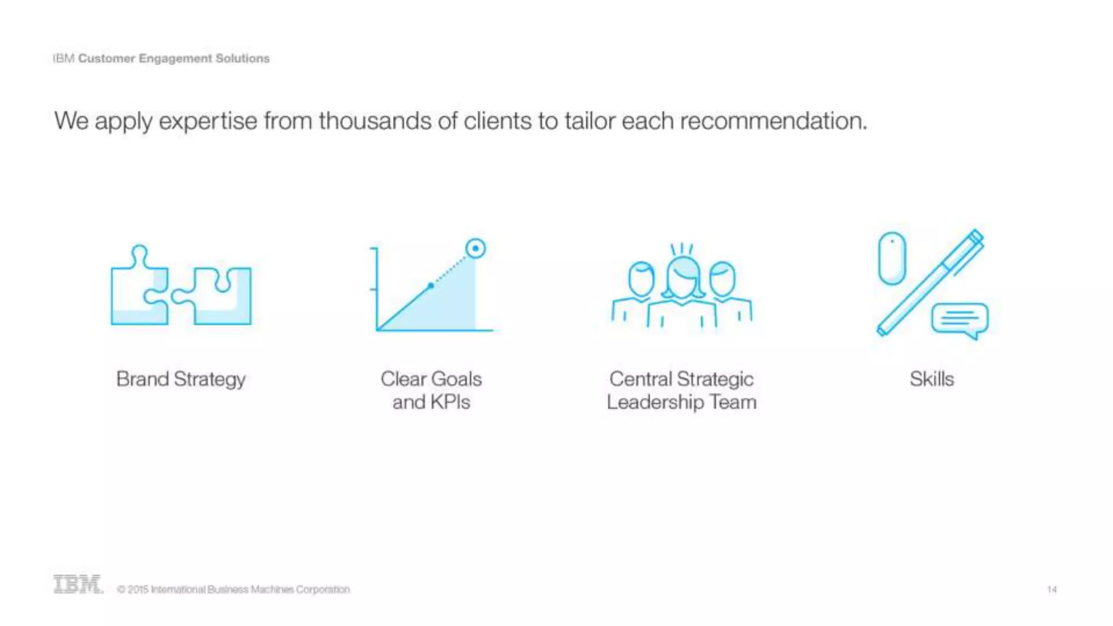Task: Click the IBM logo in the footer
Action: coord(78,585)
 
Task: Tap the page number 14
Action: coord(1052,590)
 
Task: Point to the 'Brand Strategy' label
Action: coord(180,379)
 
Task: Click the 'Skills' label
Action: coord(931,379)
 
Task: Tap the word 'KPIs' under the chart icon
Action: coord(449,402)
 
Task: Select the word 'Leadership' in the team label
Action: coord(655,402)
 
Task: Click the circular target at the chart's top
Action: coord(476,249)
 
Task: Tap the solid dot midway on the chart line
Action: coord(430,285)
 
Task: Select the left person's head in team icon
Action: coord(641,279)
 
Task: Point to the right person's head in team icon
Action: coord(723,279)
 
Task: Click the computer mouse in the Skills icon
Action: coord(892,258)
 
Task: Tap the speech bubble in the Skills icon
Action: coord(960,320)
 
